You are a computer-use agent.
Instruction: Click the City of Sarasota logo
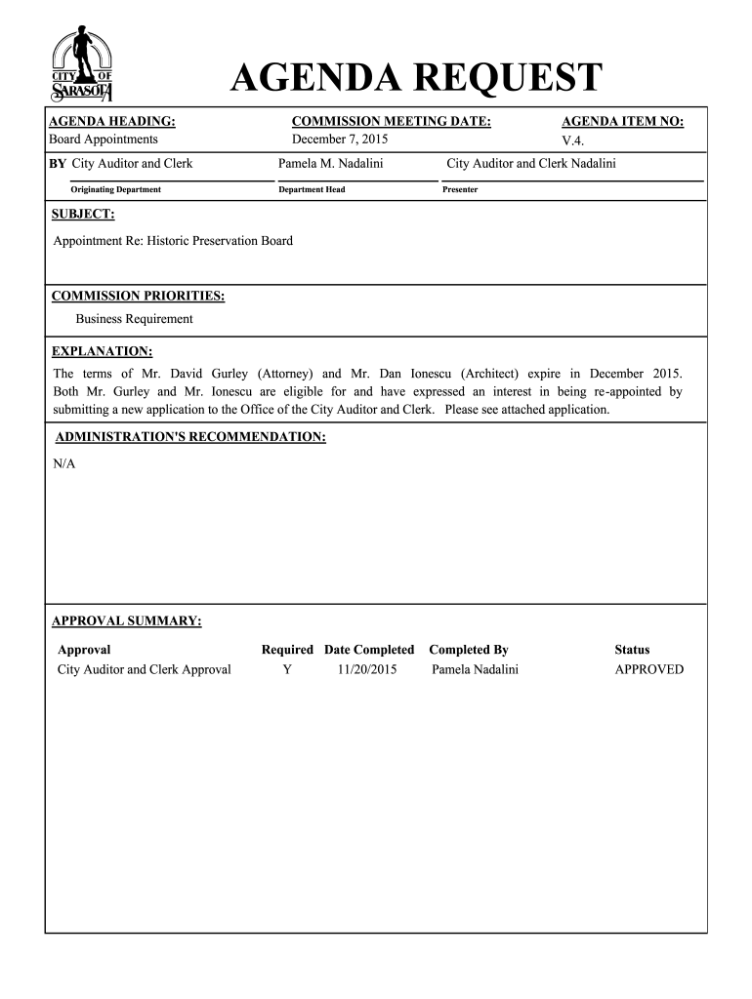(82, 64)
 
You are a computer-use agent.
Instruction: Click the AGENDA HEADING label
(112, 121)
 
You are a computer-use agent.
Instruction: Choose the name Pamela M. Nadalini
(331, 163)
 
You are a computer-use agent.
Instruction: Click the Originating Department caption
(115, 189)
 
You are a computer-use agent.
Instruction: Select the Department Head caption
(312, 189)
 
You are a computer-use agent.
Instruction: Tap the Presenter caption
(460, 189)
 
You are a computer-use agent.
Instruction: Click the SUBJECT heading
(83, 213)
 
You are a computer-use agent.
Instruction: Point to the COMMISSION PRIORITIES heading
(138, 295)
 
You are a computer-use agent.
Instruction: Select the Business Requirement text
(135, 319)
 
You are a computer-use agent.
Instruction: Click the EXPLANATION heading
(102, 350)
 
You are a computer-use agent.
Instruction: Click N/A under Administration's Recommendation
(63, 463)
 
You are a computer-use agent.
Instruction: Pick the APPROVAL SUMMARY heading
(126, 620)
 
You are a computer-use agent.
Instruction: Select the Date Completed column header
(369, 650)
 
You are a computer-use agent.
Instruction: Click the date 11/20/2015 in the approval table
(367, 669)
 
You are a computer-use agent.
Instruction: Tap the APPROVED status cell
(648, 669)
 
